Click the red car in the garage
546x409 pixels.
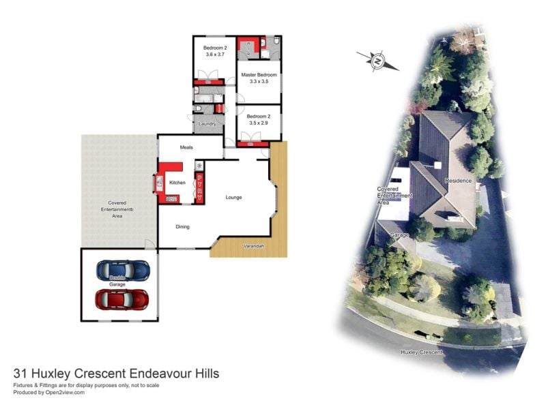122,299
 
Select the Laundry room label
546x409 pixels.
207,124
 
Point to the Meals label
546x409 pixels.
186,147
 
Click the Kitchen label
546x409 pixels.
177,183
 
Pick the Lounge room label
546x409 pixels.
234,198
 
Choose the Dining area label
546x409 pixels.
183,227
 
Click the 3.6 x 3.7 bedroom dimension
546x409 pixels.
214,55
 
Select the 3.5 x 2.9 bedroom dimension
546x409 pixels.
259,123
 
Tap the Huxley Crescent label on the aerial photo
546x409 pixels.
422,352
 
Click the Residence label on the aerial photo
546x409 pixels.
458,181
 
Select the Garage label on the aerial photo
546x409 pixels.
399,234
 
